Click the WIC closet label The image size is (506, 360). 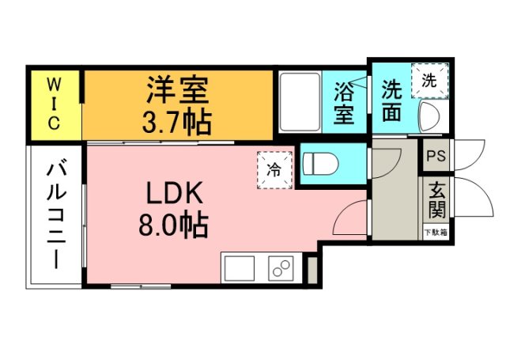[x=55, y=104]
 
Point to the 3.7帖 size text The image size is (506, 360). [x=177, y=121]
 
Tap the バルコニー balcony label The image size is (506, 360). [x=56, y=214]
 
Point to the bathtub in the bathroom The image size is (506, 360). [x=300, y=103]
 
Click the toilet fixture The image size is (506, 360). [x=321, y=164]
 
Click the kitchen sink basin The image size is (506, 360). [x=239, y=268]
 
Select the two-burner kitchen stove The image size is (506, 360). [x=281, y=268]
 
